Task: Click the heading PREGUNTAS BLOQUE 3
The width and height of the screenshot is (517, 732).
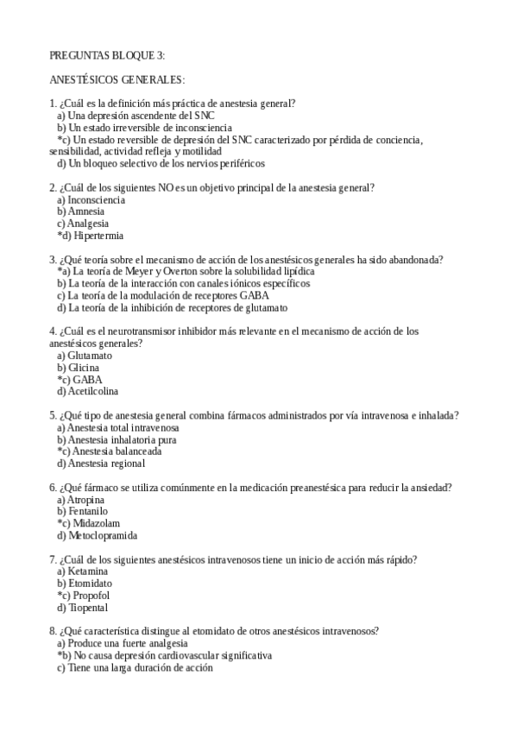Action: pos(107,56)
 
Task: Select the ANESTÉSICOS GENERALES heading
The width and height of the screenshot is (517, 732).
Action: pos(117,80)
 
